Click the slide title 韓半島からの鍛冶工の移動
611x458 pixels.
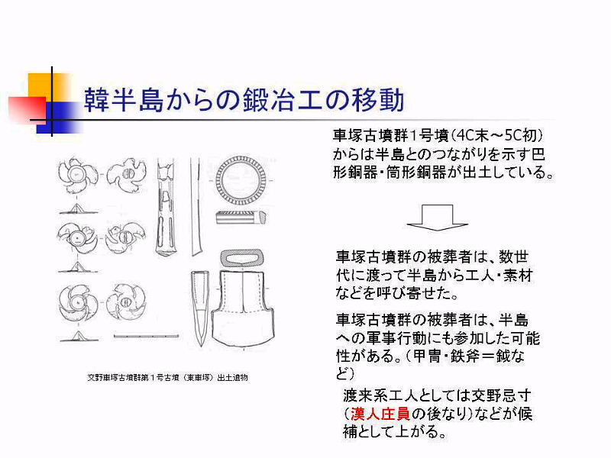click(x=244, y=100)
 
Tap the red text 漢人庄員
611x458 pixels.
click(x=380, y=414)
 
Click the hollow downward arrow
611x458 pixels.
click(x=437, y=218)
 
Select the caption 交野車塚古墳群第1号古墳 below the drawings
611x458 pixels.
click(x=167, y=377)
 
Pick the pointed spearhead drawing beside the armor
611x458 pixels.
click(x=200, y=308)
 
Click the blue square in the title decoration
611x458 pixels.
click(x=60, y=118)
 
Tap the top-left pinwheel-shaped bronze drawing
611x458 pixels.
click(x=78, y=176)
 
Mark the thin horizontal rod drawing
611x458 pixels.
click(x=146, y=336)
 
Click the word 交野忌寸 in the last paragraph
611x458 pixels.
click(x=502, y=395)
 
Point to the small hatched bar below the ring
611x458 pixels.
click(x=241, y=217)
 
